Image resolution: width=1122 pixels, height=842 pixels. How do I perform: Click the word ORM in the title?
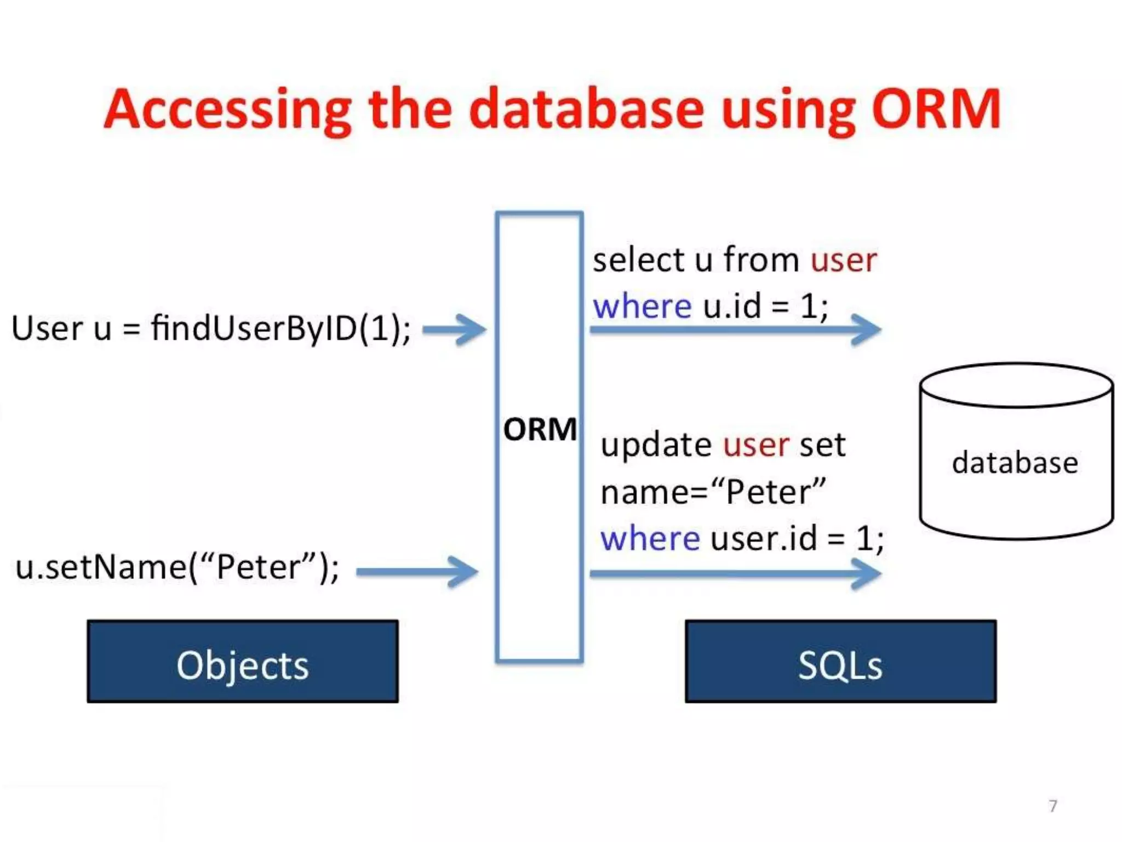(x=936, y=110)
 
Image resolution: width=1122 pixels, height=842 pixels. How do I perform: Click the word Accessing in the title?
(x=227, y=110)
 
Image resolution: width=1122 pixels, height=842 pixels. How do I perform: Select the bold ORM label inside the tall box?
(x=540, y=429)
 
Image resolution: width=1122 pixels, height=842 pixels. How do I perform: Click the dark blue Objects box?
(x=243, y=662)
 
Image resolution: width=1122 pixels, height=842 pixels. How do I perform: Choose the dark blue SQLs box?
(x=840, y=662)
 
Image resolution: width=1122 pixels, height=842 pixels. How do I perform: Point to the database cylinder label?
(x=1015, y=463)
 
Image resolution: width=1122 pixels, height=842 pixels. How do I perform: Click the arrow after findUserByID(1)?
(x=455, y=329)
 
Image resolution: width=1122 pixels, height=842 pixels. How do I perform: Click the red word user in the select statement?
(x=844, y=260)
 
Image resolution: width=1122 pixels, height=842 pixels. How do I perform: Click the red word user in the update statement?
(x=756, y=445)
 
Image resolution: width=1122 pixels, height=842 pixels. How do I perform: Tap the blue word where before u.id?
(x=642, y=306)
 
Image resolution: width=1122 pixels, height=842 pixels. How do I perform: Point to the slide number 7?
(x=1052, y=806)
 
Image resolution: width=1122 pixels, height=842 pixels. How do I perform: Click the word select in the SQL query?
(x=638, y=260)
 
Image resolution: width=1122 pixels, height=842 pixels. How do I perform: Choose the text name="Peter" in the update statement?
(x=713, y=492)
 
